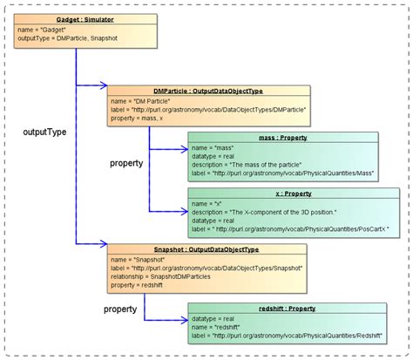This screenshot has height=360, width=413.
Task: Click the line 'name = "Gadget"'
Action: coord(42,29)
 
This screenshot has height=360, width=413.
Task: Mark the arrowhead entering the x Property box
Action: coord(184,211)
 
